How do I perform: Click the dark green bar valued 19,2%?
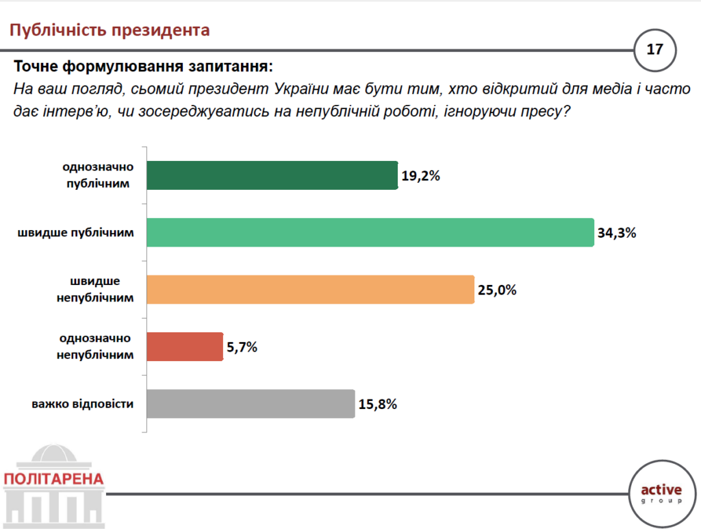click(x=272, y=175)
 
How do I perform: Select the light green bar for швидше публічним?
click(x=370, y=232)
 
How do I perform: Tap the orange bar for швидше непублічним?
click(x=310, y=289)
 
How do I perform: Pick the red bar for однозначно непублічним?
click(x=185, y=347)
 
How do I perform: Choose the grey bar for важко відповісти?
click(x=251, y=404)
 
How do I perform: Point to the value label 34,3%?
click(x=617, y=233)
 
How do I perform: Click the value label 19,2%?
click(x=420, y=176)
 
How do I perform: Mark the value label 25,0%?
click(x=496, y=290)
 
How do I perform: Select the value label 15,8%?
click(x=377, y=404)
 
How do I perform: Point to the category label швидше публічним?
click(x=76, y=232)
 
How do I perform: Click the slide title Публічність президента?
click(x=109, y=30)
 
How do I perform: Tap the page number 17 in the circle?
click(x=654, y=49)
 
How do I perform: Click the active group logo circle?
click(x=661, y=493)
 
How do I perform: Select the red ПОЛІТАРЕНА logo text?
click(x=53, y=478)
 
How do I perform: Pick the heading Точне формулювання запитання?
click(x=143, y=67)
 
